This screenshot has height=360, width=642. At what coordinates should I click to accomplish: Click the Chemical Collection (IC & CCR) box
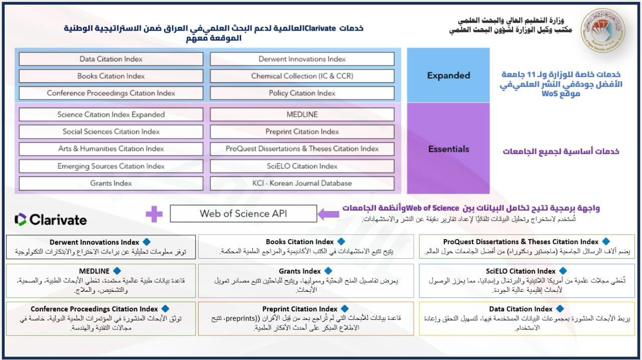[x=302, y=76]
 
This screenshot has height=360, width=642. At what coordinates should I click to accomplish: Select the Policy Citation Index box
[x=302, y=93]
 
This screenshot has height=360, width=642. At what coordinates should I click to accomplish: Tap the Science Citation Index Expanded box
[x=111, y=115]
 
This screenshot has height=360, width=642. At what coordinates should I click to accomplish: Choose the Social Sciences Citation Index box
[x=111, y=132]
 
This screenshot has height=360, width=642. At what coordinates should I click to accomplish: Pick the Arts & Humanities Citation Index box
[x=111, y=149]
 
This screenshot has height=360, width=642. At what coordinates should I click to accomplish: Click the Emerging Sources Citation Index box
[x=111, y=166]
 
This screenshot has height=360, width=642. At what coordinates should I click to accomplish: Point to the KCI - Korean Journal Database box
[x=302, y=184]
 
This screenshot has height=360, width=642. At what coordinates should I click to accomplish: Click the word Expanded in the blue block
[x=448, y=76]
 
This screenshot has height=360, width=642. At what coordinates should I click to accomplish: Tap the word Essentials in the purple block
[x=448, y=149]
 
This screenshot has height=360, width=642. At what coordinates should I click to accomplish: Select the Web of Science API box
[x=243, y=214]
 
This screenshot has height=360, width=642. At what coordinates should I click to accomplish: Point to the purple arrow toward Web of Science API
[x=329, y=215]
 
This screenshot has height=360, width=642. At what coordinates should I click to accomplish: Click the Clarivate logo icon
[x=21, y=220]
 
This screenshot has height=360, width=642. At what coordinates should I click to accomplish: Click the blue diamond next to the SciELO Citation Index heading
[x=563, y=271]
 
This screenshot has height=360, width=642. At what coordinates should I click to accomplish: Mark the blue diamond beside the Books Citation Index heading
[x=342, y=242]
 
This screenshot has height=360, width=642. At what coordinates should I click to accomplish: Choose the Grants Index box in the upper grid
[x=111, y=184]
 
